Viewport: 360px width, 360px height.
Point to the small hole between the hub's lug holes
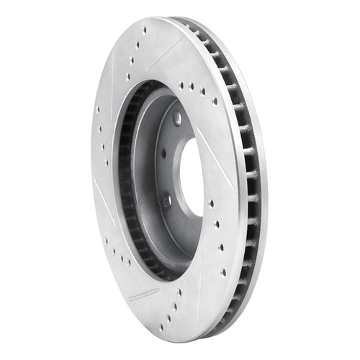coord(163,153)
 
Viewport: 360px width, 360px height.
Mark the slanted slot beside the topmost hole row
coord(172,44)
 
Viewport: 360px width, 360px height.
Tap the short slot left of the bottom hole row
coord(143,294)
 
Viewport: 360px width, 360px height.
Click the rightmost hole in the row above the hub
coord(215,101)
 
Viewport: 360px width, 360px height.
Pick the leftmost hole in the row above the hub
coord(181,84)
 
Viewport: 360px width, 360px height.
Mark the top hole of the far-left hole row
coord(98,109)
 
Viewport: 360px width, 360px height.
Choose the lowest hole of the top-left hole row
coord(128,76)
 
